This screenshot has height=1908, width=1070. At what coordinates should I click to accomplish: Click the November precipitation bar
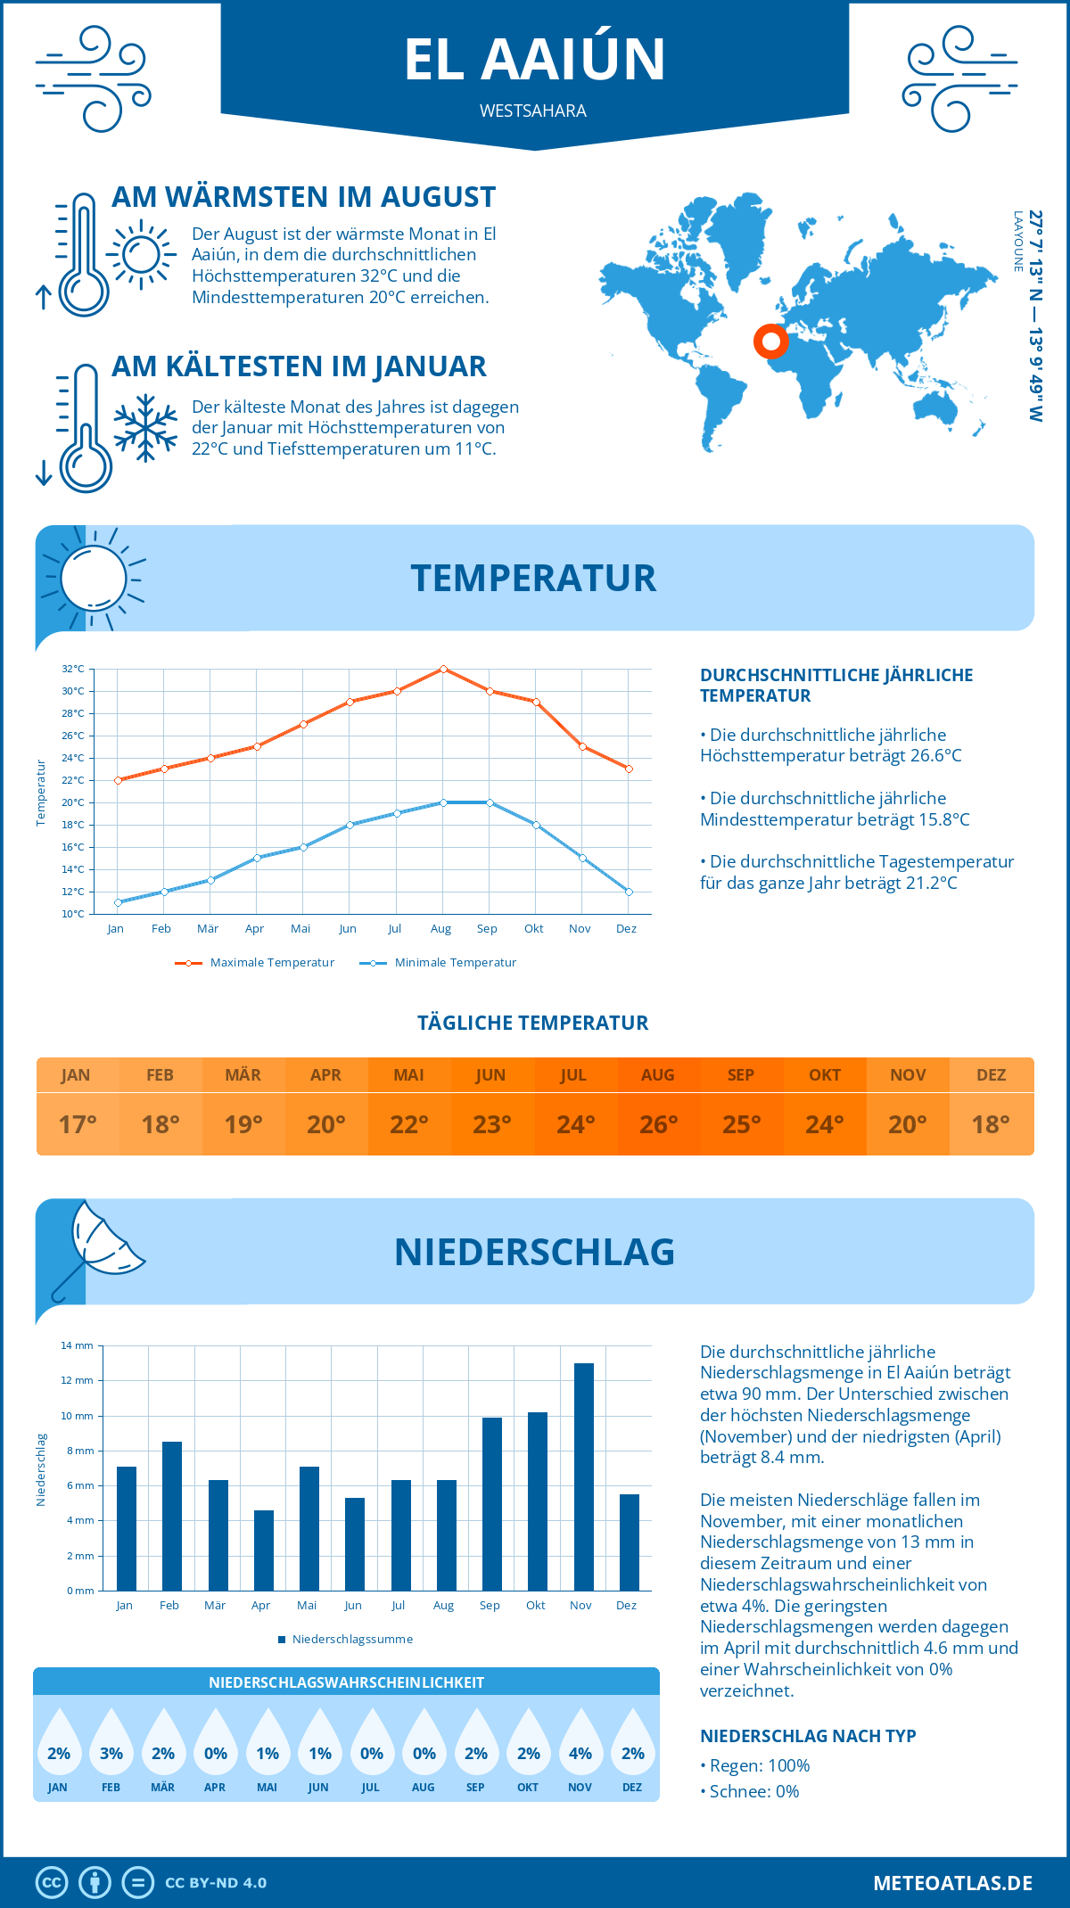pyautogui.click(x=584, y=1476)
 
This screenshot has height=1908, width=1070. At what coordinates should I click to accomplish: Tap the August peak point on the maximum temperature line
pyautogui.click(x=443, y=669)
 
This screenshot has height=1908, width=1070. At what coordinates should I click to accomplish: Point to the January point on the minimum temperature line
pyautogui.click(x=118, y=902)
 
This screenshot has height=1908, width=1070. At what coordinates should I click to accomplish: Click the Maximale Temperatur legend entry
pyautogui.click(x=255, y=963)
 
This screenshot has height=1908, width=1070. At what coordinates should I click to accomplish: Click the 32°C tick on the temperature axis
pyautogui.click(x=73, y=669)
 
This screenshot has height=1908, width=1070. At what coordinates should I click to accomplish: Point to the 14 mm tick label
pyautogui.click(x=77, y=1345)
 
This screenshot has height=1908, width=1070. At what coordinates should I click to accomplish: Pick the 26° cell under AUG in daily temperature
pyautogui.click(x=658, y=1124)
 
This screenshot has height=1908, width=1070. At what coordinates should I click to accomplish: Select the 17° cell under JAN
pyautogui.click(x=78, y=1124)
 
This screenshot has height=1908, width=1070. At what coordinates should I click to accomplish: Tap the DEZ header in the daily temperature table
pyautogui.click(x=991, y=1075)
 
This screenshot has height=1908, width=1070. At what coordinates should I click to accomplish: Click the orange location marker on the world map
pyautogui.click(x=771, y=341)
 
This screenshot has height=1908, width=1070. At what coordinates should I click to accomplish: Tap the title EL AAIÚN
pyautogui.click(x=534, y=60)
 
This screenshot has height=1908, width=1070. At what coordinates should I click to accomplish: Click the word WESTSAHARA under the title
pyautogui.click(x=533, y=111)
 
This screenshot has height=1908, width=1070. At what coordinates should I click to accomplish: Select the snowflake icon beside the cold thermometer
pyautogui.click(x=145, y=428)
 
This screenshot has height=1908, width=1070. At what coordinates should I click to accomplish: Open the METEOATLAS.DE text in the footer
pyautogui.click(x=952, y=1883)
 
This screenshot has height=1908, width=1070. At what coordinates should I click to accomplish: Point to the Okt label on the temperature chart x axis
pyautogui.click(x=533, y=929)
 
